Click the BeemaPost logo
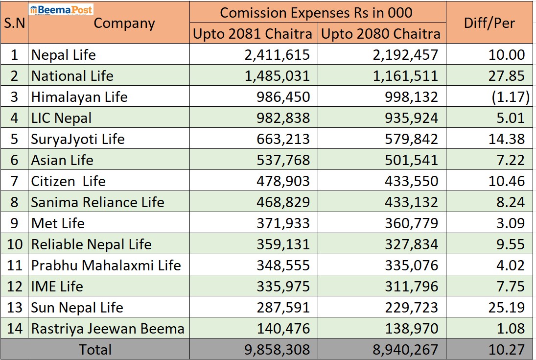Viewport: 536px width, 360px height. [x=61, y=9]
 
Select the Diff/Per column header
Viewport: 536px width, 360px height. [x=489, y=23]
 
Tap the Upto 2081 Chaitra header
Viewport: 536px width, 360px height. [x=253, y=34]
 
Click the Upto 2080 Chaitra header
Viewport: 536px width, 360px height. [x=381, y=34]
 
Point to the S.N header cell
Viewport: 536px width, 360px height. [x=14, y=23]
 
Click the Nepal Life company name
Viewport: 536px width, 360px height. [x=64, y=55]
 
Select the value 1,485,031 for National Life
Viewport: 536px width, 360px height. [x=277, y=76]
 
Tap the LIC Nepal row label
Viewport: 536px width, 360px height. [x=61, y=118]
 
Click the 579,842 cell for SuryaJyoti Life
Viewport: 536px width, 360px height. [x=412, y=139]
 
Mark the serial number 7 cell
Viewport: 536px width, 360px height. [x=14, y=181]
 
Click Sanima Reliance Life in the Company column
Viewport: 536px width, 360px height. [x=97, y=202]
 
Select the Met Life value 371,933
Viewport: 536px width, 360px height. [x=283, y=223]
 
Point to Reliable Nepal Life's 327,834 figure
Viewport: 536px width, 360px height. [x=412, y=244]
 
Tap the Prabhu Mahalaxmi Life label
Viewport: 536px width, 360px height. [x=106, y=265]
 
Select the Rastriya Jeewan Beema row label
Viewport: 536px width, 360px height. [x=108, y=329]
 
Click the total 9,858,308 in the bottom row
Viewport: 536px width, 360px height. [x=277, y=350]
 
